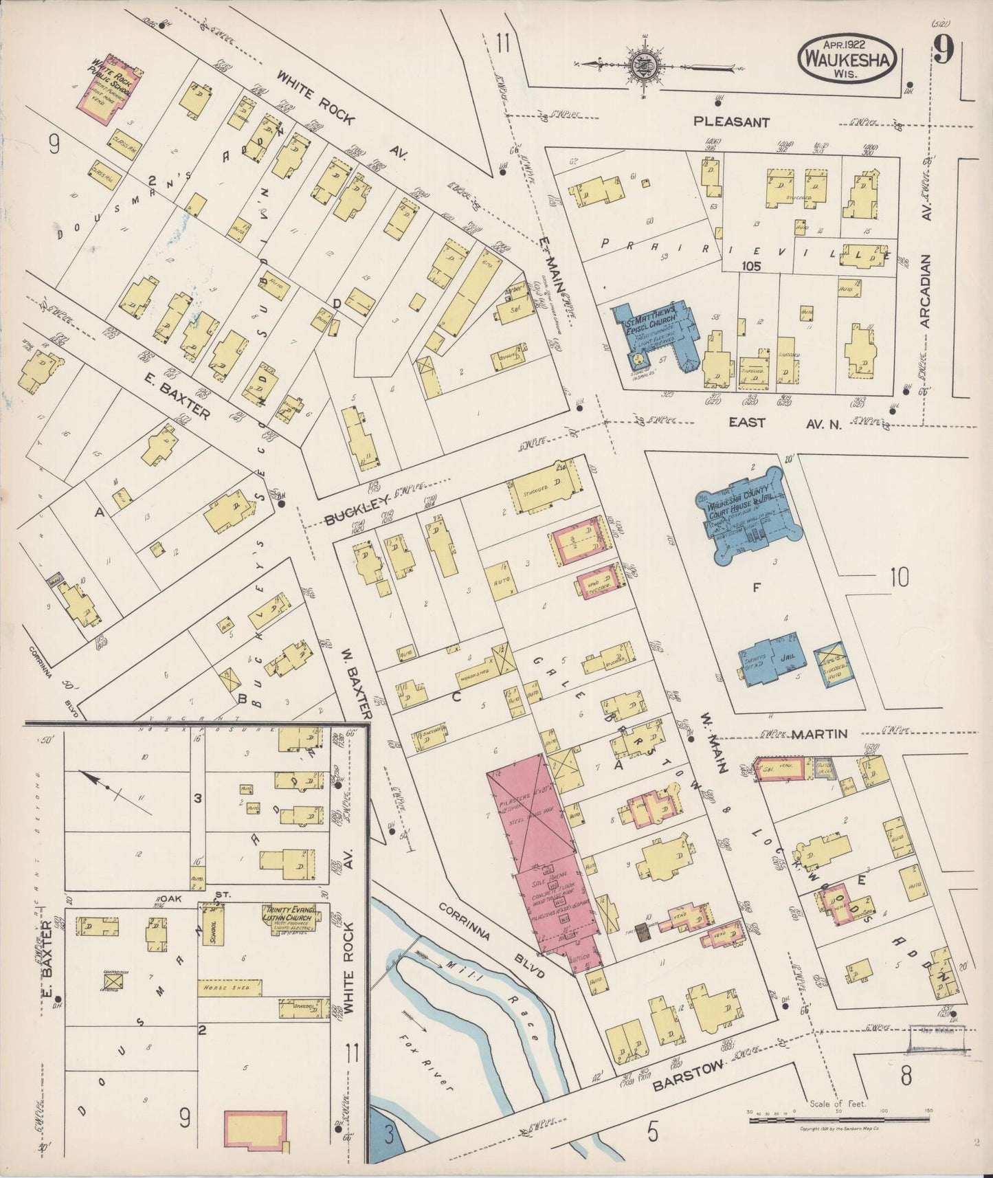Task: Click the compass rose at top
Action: coord(645,65)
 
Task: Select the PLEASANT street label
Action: coord(730,122)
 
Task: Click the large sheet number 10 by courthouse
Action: coord(899,578)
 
